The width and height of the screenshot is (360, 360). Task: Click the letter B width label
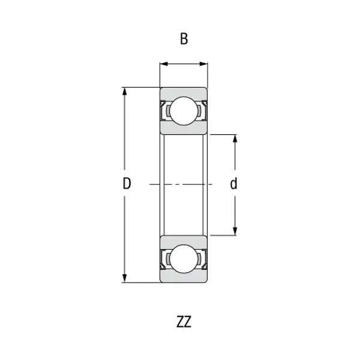[x=184, y=40]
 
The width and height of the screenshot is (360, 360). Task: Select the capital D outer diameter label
[x=127, y=184]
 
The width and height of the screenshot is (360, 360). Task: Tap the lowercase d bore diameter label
[x=234, y=184]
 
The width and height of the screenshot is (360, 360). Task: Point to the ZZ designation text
[x=184, y=322]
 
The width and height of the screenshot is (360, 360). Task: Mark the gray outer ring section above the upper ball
[x=184, y=92]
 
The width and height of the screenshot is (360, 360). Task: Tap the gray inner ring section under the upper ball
[x=184, y=130]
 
